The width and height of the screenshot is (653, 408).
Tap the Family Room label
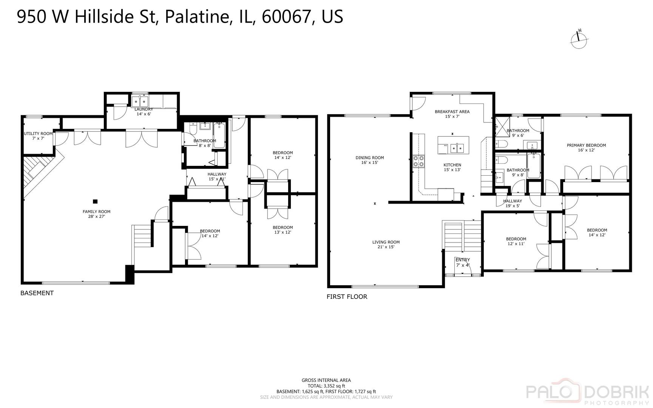coord(96,214)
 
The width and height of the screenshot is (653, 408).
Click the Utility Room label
coord(38,136)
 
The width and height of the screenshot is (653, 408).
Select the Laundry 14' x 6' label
coord(144,111)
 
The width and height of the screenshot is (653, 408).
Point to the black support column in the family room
coord(95,201)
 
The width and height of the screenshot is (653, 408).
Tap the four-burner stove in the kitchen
coord(418,161)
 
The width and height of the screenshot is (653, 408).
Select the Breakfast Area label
coord(452,114)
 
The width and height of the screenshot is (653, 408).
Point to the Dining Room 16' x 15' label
coord(369,160)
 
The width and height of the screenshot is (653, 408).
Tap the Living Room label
coord(386,244)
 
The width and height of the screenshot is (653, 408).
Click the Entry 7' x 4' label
coord(462,262)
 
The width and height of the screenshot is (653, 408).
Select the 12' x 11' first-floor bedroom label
coord(516,241)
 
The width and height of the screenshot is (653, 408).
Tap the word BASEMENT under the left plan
coord(37,293)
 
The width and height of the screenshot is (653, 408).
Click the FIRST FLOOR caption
coord(347,297)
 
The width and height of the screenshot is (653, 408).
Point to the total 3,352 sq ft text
coord(326,386)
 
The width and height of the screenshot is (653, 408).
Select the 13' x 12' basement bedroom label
coord(283,230)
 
